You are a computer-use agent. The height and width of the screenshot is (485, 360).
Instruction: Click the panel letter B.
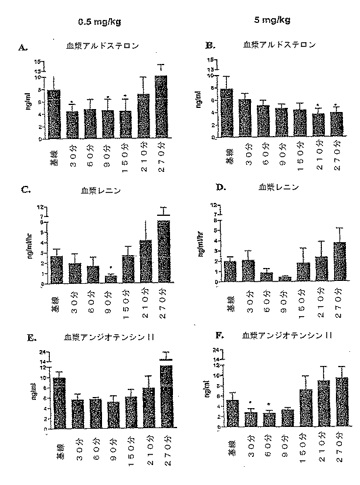click(209, 45)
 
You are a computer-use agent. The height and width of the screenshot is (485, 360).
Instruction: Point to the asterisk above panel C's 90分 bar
click(110, 269)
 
